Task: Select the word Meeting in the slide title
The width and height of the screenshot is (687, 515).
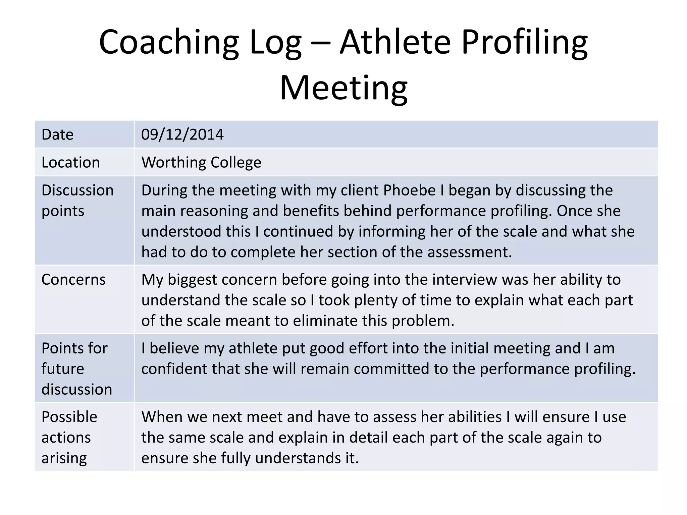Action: pyautogui.click(x=343, y=88)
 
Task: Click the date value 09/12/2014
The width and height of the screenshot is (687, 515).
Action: pyautogui.click(x=182, y=134)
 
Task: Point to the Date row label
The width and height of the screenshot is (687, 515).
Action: pyautogui.click(x=57, y=134)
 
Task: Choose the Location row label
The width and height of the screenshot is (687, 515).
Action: pyautogui.click(x=70, y=162)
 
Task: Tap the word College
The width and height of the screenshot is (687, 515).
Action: pyautogui.click(x=236, y=162)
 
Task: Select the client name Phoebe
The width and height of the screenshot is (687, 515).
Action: pyautogui.click(x=409, y=190)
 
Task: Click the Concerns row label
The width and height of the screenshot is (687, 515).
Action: pyautogui.click(x=73, y=279)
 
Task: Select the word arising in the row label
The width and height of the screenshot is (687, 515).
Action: pyautogui.click(x=64, y=458)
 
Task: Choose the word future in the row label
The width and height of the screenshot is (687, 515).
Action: pyautogui.click(x=63, y=369)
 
